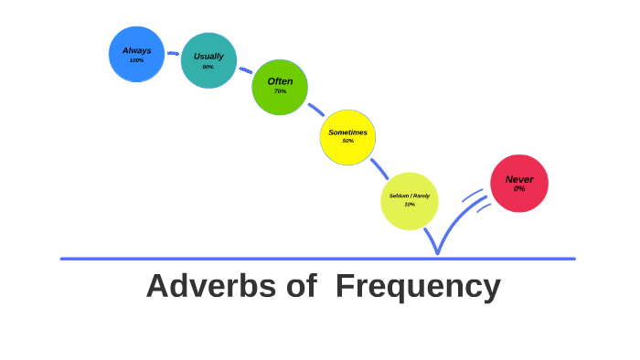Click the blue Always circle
pos(136,54)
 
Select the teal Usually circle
pos(208,60)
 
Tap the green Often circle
pos(280,87)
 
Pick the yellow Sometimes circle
pos(347,137)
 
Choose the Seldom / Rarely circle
pos(410,200)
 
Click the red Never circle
pos(519,183)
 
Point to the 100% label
pos(136,60)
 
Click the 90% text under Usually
pos(208,67)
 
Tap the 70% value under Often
pos(280,91)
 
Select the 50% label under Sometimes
pos(347,142)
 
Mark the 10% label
pos(410,205)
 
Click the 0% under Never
pos(519,189)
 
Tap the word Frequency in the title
pos(418,287)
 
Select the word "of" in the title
pos(299,287)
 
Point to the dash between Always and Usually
pos(173,54)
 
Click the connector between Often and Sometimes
pos(315,110)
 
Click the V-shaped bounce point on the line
pos(438,251)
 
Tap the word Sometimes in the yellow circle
pos(347,132)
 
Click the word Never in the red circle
pos(519,179)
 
